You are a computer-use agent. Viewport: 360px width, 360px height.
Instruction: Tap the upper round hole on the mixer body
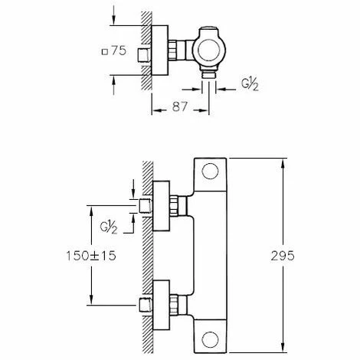[x=211, y=173]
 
